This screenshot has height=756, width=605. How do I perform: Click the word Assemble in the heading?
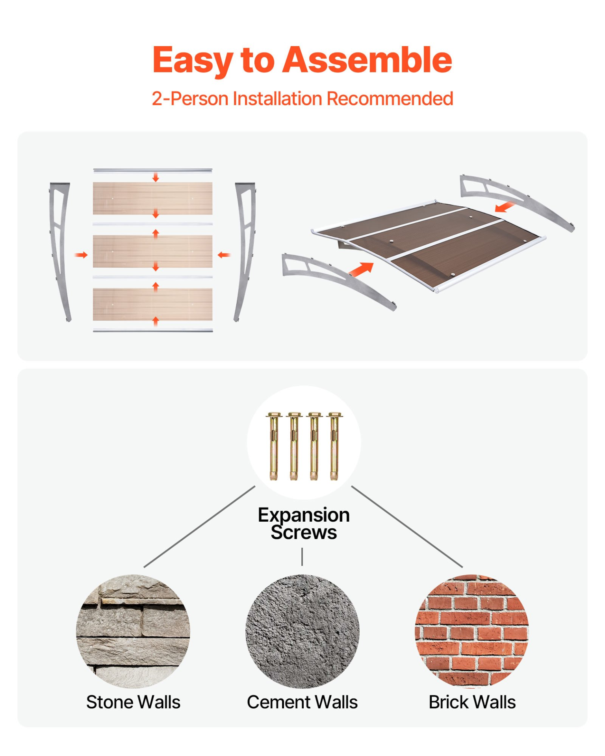coord(367,60)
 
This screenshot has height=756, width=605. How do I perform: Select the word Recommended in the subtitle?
coord(390,98)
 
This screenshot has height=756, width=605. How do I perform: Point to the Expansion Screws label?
coord(304,523)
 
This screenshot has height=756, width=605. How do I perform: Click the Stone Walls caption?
coord(133,702)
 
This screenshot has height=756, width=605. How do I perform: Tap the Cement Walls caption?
coord(302,702)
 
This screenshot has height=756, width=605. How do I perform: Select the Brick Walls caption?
coord(472,702)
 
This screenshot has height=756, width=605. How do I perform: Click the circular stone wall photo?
coord(133,631)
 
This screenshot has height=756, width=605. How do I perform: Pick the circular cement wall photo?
coord(302,631)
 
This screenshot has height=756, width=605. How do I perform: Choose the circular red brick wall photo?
coord(472,631)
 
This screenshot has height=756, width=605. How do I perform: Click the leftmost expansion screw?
coord(273,446)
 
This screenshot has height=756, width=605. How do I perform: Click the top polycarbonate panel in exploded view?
coord(152,198)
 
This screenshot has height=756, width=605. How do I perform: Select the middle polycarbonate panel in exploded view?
coord(152,251)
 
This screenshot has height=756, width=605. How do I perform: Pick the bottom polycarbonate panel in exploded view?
coord(152,304)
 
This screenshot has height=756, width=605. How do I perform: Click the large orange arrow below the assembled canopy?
coord(361,269)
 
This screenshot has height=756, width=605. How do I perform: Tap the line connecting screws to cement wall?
coord(302,556)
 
